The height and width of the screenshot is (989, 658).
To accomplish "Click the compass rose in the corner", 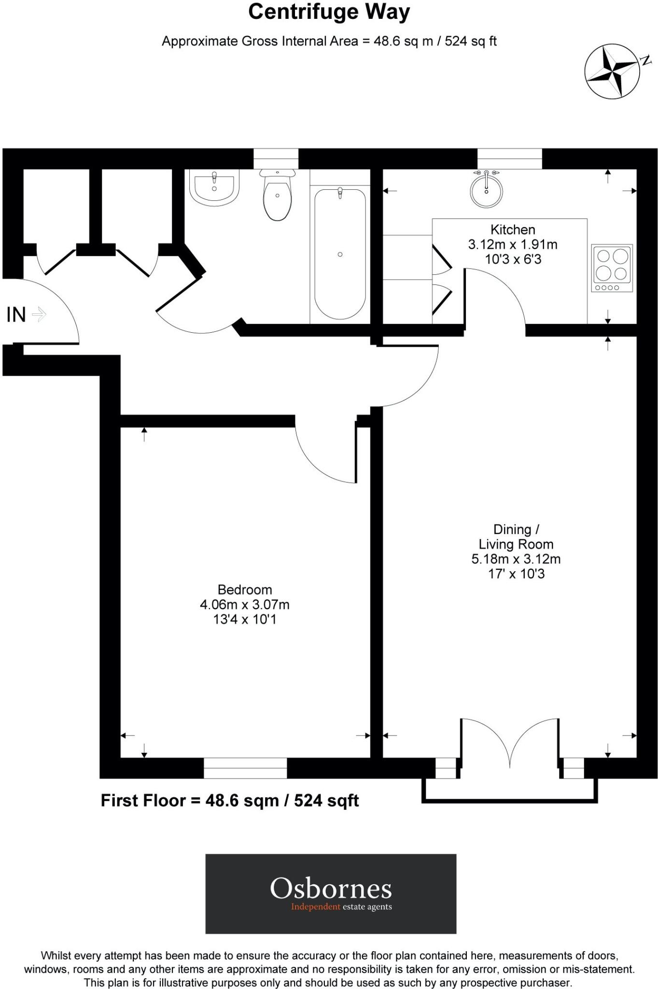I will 612,71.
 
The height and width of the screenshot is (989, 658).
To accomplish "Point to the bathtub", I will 340,254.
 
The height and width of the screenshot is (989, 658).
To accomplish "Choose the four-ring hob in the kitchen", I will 612,268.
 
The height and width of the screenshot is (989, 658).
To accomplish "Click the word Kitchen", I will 513,230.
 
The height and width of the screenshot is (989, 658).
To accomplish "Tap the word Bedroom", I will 245,590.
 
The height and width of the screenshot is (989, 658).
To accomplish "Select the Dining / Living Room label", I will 516,537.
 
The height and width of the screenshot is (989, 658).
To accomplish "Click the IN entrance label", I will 16,315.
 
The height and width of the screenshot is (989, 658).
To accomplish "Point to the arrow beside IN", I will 39,315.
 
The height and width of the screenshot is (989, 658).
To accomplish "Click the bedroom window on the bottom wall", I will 245,768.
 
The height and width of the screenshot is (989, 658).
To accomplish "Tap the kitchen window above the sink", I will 509,159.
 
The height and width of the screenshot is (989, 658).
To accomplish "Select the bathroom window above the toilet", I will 276,159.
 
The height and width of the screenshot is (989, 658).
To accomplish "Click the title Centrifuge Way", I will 329,12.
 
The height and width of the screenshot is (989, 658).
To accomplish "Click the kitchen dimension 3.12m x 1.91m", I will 513,244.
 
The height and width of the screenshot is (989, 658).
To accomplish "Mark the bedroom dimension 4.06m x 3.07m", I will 245,605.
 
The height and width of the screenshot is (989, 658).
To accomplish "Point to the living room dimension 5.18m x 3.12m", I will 516,559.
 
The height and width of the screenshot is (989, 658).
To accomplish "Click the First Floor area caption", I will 230,801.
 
